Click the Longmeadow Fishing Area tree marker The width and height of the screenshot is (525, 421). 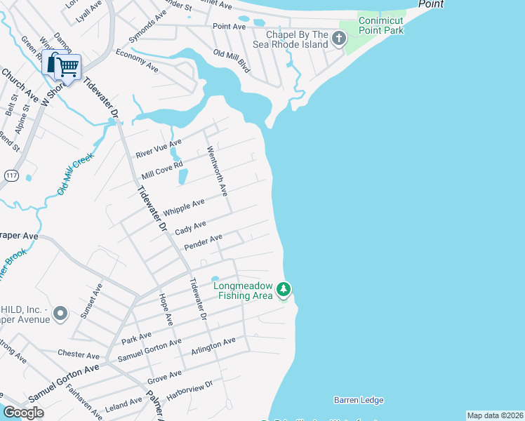coord(284,289)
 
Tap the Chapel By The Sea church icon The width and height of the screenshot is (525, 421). coord(340,38)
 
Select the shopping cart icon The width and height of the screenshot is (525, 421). coord(67,67)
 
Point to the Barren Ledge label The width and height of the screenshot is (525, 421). coord(359,400)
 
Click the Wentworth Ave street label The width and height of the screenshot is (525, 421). coord(216,171)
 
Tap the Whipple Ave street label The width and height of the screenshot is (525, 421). coord(183,208)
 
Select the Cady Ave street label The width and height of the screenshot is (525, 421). coord(190,228)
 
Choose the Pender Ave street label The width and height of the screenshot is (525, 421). coord(203,242)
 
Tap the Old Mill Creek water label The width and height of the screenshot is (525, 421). coord(75,175)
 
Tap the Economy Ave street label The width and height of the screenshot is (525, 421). coord(137,61)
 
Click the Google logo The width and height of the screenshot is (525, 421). coord(23,413)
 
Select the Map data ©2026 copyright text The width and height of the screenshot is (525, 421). coord(494,415)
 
